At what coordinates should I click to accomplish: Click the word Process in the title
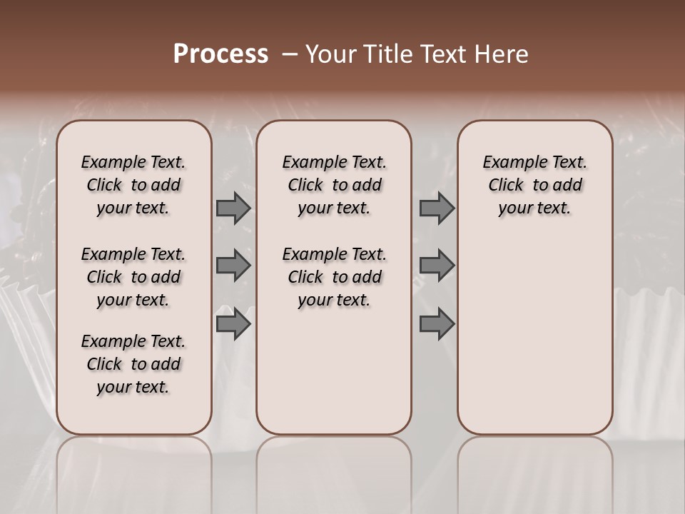point(220,54)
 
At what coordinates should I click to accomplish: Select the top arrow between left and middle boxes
point(233,208)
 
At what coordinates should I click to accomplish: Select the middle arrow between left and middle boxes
point(233,266)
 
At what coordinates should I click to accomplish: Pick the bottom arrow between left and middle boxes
point(233,324)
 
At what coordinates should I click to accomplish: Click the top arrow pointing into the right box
point(437,208)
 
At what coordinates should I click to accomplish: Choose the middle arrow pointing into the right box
point(437,266)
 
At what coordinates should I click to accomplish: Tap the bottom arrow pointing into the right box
point(437,324)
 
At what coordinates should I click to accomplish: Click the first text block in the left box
point(133,185)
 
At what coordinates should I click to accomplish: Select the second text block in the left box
point(133,277)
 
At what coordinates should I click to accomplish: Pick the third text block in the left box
point(133,364)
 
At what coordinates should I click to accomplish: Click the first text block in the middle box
point(334,185)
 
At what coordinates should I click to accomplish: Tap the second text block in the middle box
point(334,277)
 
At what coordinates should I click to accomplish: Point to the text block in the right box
point(534,185)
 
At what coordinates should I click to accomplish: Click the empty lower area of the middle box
point(334,371)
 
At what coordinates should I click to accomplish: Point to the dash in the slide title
point(290,54)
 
